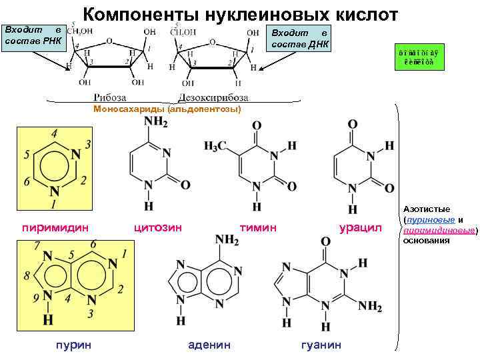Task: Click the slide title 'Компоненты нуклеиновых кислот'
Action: coord(241,15)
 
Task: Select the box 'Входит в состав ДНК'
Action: coord(298,38)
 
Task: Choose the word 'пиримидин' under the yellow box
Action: coord(55,228)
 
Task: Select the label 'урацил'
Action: coord(360,228)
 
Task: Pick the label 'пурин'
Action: coord(75,344)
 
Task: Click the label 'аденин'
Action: coord(209,344)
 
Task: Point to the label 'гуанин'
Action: coord(321,344)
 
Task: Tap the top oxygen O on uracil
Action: coord(353,124)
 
